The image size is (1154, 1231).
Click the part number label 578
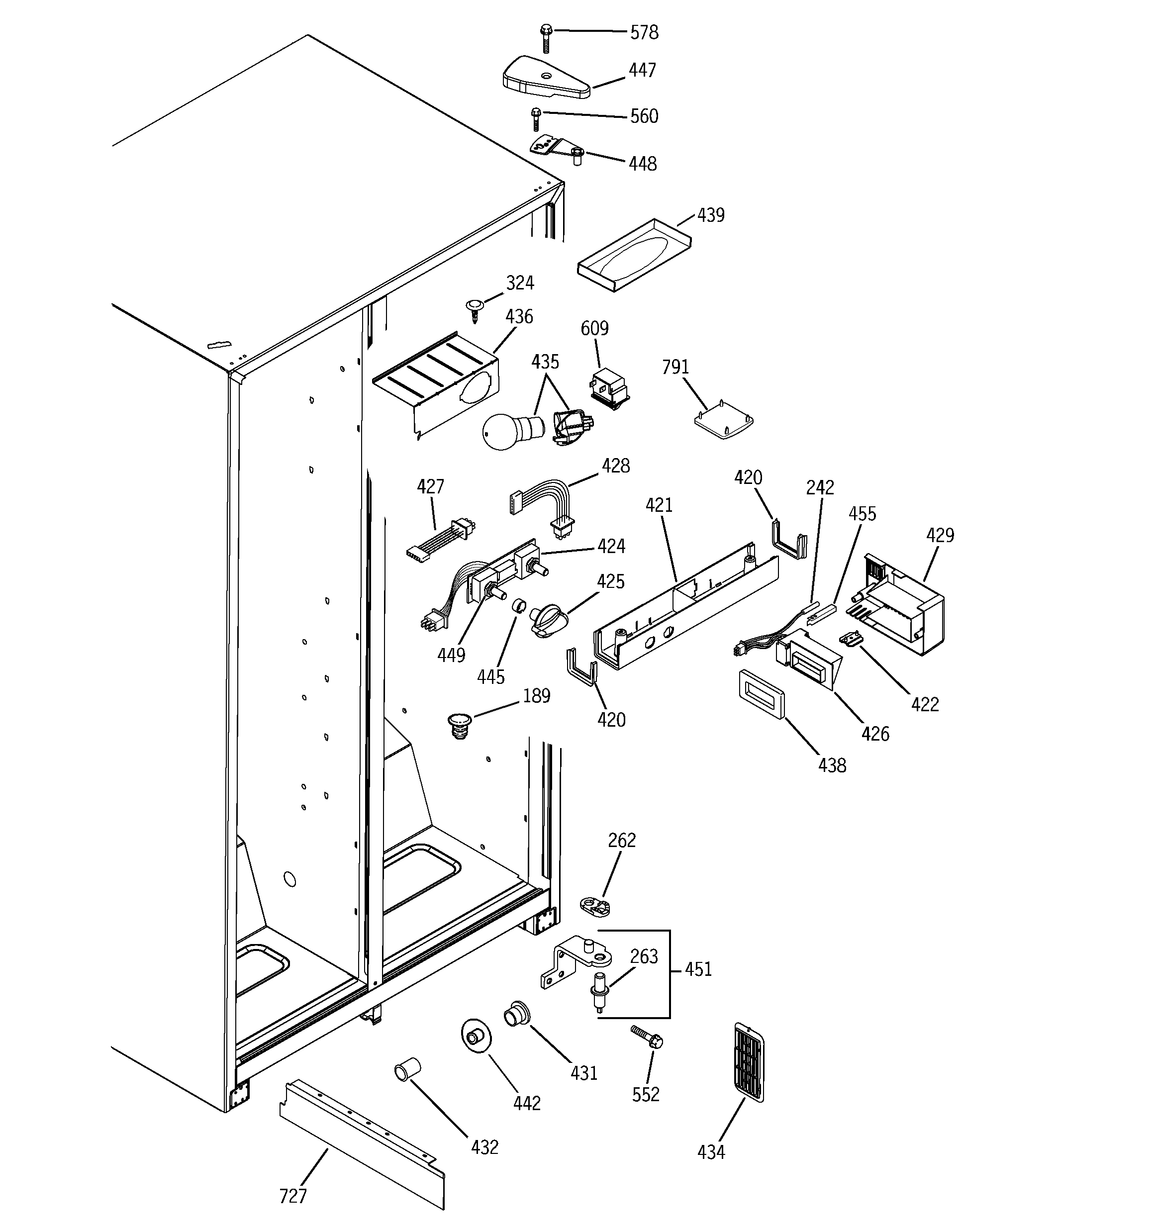[644, 32]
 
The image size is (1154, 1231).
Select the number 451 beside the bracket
[698, 969]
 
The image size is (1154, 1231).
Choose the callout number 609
[594, 328]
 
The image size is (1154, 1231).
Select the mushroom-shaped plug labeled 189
[459, 725]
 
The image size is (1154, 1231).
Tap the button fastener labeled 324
[475, 308]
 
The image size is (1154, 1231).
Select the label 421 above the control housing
[659, 505]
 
